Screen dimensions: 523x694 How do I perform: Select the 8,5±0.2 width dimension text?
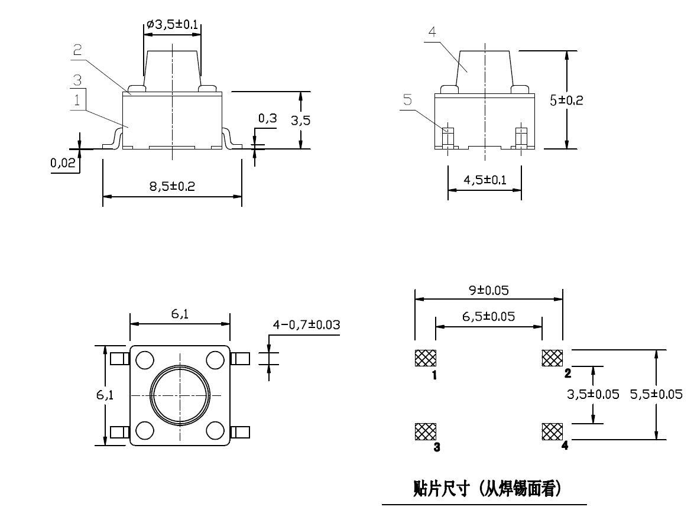tap(171, 186)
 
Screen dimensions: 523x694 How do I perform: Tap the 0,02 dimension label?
tap(63, 163)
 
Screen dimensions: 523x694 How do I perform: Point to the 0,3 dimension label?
tap(267, 119)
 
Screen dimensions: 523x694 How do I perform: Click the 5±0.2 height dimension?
tap(566, 100)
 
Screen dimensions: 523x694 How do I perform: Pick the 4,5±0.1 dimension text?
tap(485, 180)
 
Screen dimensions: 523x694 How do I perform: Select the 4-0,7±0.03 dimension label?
tap(306, 324)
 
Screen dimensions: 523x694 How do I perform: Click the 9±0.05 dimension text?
tap(488, 290)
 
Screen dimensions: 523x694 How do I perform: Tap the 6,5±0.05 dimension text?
tap(488, 317)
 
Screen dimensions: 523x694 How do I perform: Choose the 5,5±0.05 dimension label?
tap(656, 394)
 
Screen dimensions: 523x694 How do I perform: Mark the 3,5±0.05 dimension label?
tap(593, 394)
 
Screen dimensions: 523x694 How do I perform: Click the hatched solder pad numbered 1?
tap(425, 358)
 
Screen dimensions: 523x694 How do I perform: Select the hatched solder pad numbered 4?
tap(552, 431)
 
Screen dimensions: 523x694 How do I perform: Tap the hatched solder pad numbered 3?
tap(425, 431)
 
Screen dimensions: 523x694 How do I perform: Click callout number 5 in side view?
tap(408, 100)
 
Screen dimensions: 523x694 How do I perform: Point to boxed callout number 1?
tap(77, 99)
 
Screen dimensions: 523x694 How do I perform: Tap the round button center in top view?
tap(180, 394)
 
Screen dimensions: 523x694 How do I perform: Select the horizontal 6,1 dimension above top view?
tap(180, 315)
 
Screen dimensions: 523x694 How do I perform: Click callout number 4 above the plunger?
tap(432, 33)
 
